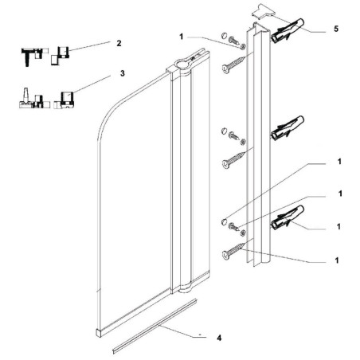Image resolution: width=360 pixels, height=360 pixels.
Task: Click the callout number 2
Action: tap(119, 43)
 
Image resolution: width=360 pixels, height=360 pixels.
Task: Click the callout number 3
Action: tap(122, 73)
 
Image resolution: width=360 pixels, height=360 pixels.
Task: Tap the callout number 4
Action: tap(219, 338)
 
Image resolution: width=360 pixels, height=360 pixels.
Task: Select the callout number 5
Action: tap(336, 29)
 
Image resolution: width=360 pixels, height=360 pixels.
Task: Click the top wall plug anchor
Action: tap(288, 30)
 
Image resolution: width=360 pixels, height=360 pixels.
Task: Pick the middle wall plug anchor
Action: tap(288, 127)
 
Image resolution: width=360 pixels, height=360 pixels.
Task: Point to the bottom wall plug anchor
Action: tap(288, 217)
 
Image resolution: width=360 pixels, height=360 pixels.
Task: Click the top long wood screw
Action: tap(233, 65)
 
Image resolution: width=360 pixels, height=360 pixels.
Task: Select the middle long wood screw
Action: tap(233, 160)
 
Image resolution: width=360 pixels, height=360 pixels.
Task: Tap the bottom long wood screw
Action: tap(233, 251)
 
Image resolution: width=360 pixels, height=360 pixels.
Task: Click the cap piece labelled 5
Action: tap(263, 11)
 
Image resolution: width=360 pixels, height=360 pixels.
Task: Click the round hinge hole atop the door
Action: tap(182, 64)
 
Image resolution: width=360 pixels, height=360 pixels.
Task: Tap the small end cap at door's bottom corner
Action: tap(99, 333)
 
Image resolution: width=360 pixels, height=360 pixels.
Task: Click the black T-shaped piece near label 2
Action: tap(27, 57)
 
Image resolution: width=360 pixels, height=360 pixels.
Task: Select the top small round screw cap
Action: tap(225, 35)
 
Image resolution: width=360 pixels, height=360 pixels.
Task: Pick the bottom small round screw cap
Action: tap(225, 221)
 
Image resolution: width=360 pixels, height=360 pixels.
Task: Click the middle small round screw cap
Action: tap(225, 131)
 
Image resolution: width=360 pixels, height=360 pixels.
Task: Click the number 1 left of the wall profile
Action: tap(182, 37)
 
